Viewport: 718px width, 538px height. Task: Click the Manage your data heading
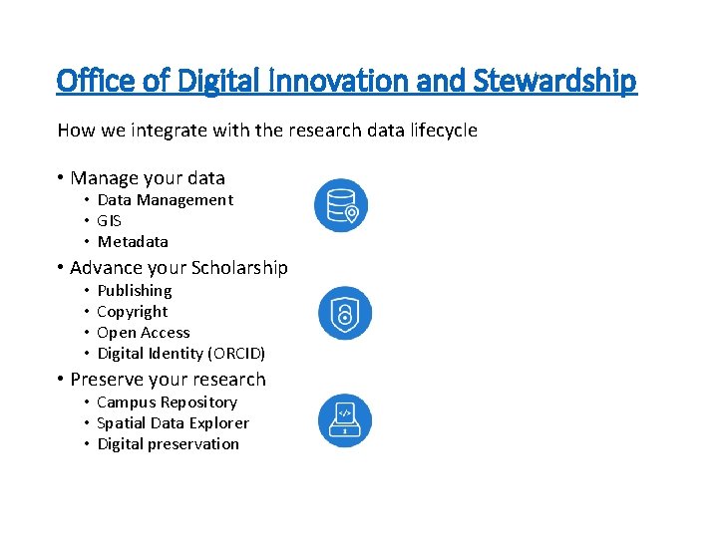148,178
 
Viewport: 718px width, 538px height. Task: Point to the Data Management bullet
165,200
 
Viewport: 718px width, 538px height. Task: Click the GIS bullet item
109,221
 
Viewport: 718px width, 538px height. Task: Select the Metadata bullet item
133,242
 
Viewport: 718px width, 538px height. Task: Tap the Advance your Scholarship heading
179,268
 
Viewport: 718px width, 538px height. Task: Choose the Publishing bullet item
135,291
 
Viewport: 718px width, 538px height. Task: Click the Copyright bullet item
133,312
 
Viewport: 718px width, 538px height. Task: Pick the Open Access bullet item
144,333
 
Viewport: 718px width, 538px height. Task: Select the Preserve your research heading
168,380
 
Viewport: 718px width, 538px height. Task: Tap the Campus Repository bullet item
167,403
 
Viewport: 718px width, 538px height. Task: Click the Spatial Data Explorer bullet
173,423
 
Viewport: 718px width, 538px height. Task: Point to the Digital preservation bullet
168,444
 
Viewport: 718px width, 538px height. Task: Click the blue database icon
341,205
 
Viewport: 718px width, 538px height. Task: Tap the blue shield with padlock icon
345,313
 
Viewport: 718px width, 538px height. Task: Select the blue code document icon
345,419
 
